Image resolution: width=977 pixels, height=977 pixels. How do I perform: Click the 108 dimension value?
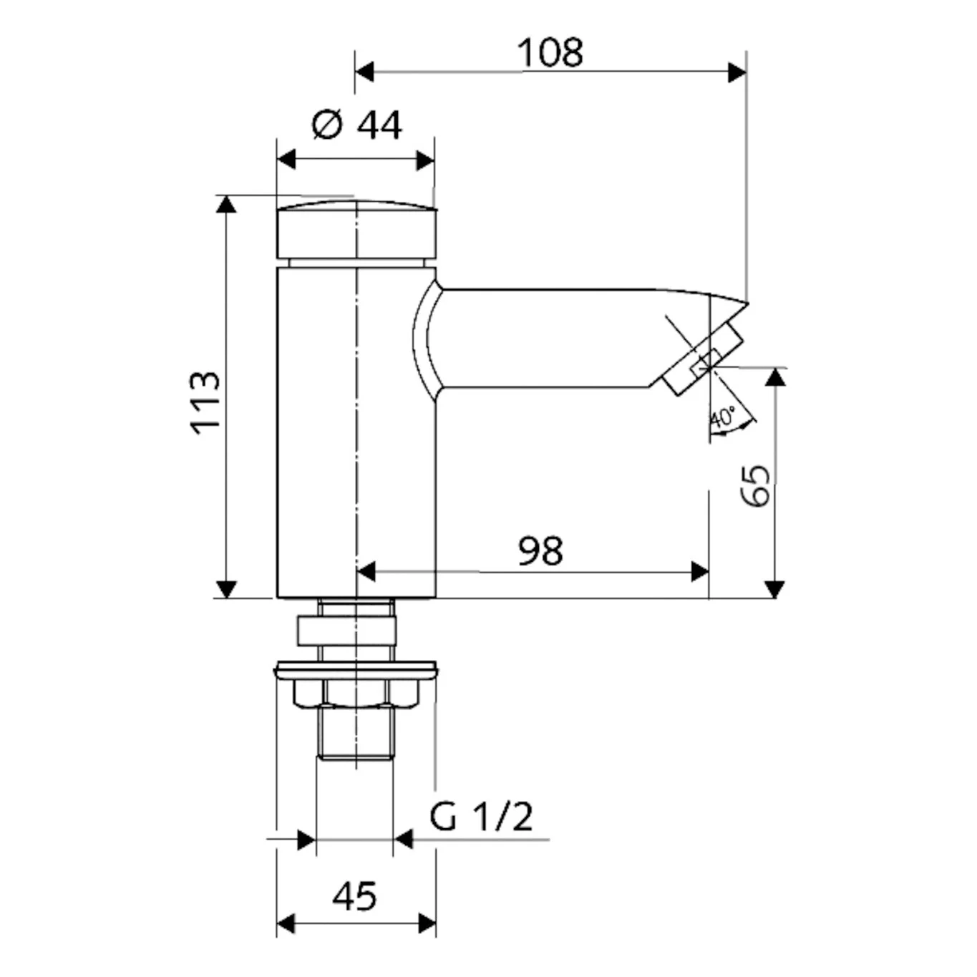(550, 52)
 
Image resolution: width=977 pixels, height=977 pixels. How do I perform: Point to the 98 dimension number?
(540, 550)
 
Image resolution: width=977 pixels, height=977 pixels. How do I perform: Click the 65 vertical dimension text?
(755, 485)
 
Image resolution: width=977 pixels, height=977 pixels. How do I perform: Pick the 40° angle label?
(723, 417)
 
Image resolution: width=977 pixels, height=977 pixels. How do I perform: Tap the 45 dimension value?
(354, 896)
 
